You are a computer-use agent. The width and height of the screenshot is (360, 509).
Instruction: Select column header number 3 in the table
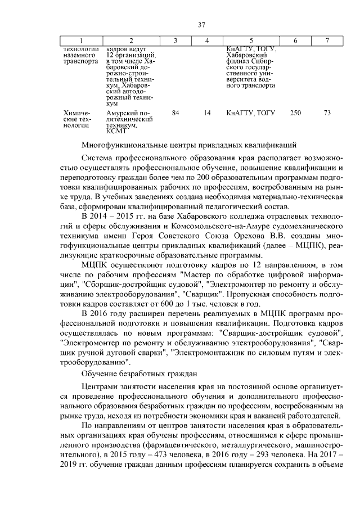point(175,41)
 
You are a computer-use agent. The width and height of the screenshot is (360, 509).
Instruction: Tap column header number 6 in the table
point(295,41)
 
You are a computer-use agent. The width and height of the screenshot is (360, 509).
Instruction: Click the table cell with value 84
point(175,113)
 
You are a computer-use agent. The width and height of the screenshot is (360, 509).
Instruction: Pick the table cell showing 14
point(207,113)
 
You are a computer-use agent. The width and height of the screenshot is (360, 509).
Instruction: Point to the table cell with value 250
point(295,113)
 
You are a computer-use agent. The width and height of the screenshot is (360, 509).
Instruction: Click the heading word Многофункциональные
point(123,145)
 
